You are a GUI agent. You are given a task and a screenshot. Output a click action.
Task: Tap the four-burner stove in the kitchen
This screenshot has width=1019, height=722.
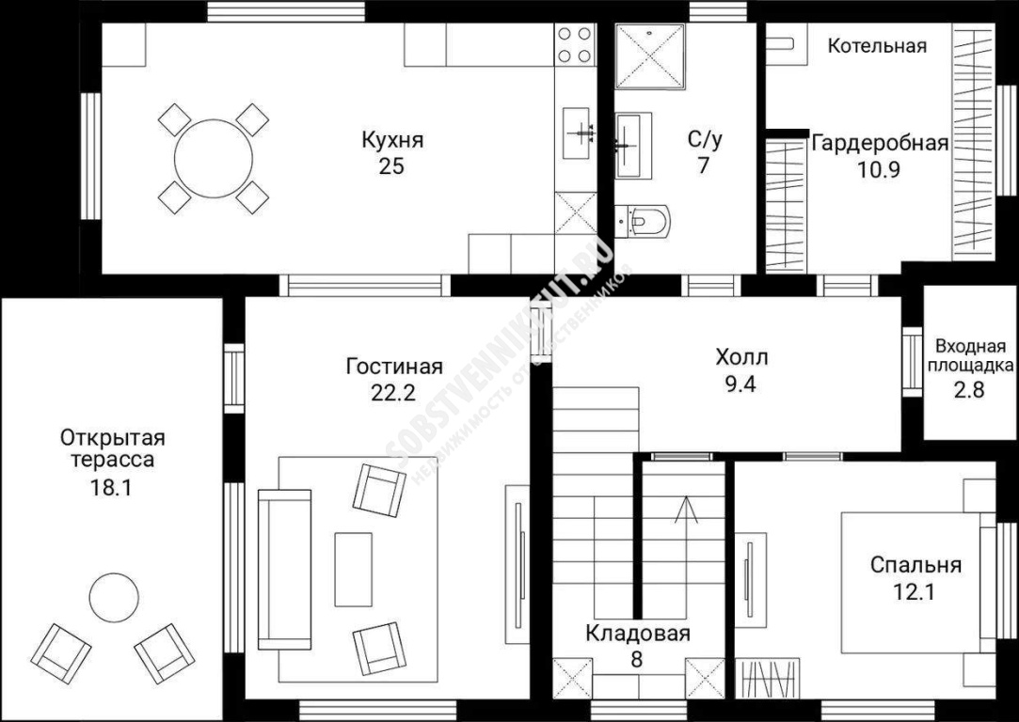[x=575, y=44]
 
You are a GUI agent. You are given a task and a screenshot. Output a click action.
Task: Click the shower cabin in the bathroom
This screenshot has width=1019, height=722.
[x=650, y=55]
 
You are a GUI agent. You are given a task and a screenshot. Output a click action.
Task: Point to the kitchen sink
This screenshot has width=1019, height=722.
[x=577, y=134]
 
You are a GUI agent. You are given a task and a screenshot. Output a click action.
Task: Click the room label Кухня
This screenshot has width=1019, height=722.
[x=392, y=139]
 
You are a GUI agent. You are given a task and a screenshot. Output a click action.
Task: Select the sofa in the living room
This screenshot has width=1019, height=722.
[x=285, y=570]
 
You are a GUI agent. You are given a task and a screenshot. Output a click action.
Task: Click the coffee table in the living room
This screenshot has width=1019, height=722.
[x=354, y=570]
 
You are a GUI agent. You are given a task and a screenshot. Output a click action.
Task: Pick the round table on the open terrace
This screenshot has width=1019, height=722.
[x=114, y=597]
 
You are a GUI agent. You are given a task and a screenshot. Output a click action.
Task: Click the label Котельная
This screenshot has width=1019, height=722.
[x=877, y=46]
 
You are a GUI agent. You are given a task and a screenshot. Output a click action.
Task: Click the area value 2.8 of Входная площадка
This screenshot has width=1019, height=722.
[x=970, y=390]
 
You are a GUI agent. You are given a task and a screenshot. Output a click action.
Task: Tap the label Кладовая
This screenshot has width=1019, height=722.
[x=637, y=633]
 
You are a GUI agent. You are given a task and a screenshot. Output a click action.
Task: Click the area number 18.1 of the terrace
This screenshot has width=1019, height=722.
[x=111, y=488]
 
